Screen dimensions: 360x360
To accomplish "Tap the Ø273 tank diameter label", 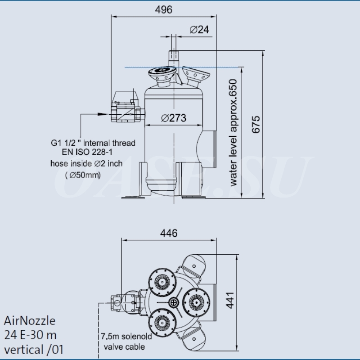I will click(173, 118).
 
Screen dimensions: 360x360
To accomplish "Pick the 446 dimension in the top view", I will click(169, 233).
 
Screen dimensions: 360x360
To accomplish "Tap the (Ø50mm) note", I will click(83, 175).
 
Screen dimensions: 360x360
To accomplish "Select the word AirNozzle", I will click(30, 321).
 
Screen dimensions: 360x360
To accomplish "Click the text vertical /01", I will click(34, 349).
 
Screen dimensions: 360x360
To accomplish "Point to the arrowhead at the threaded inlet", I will click(107, 115).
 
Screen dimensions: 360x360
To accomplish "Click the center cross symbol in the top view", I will click(174, 302).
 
